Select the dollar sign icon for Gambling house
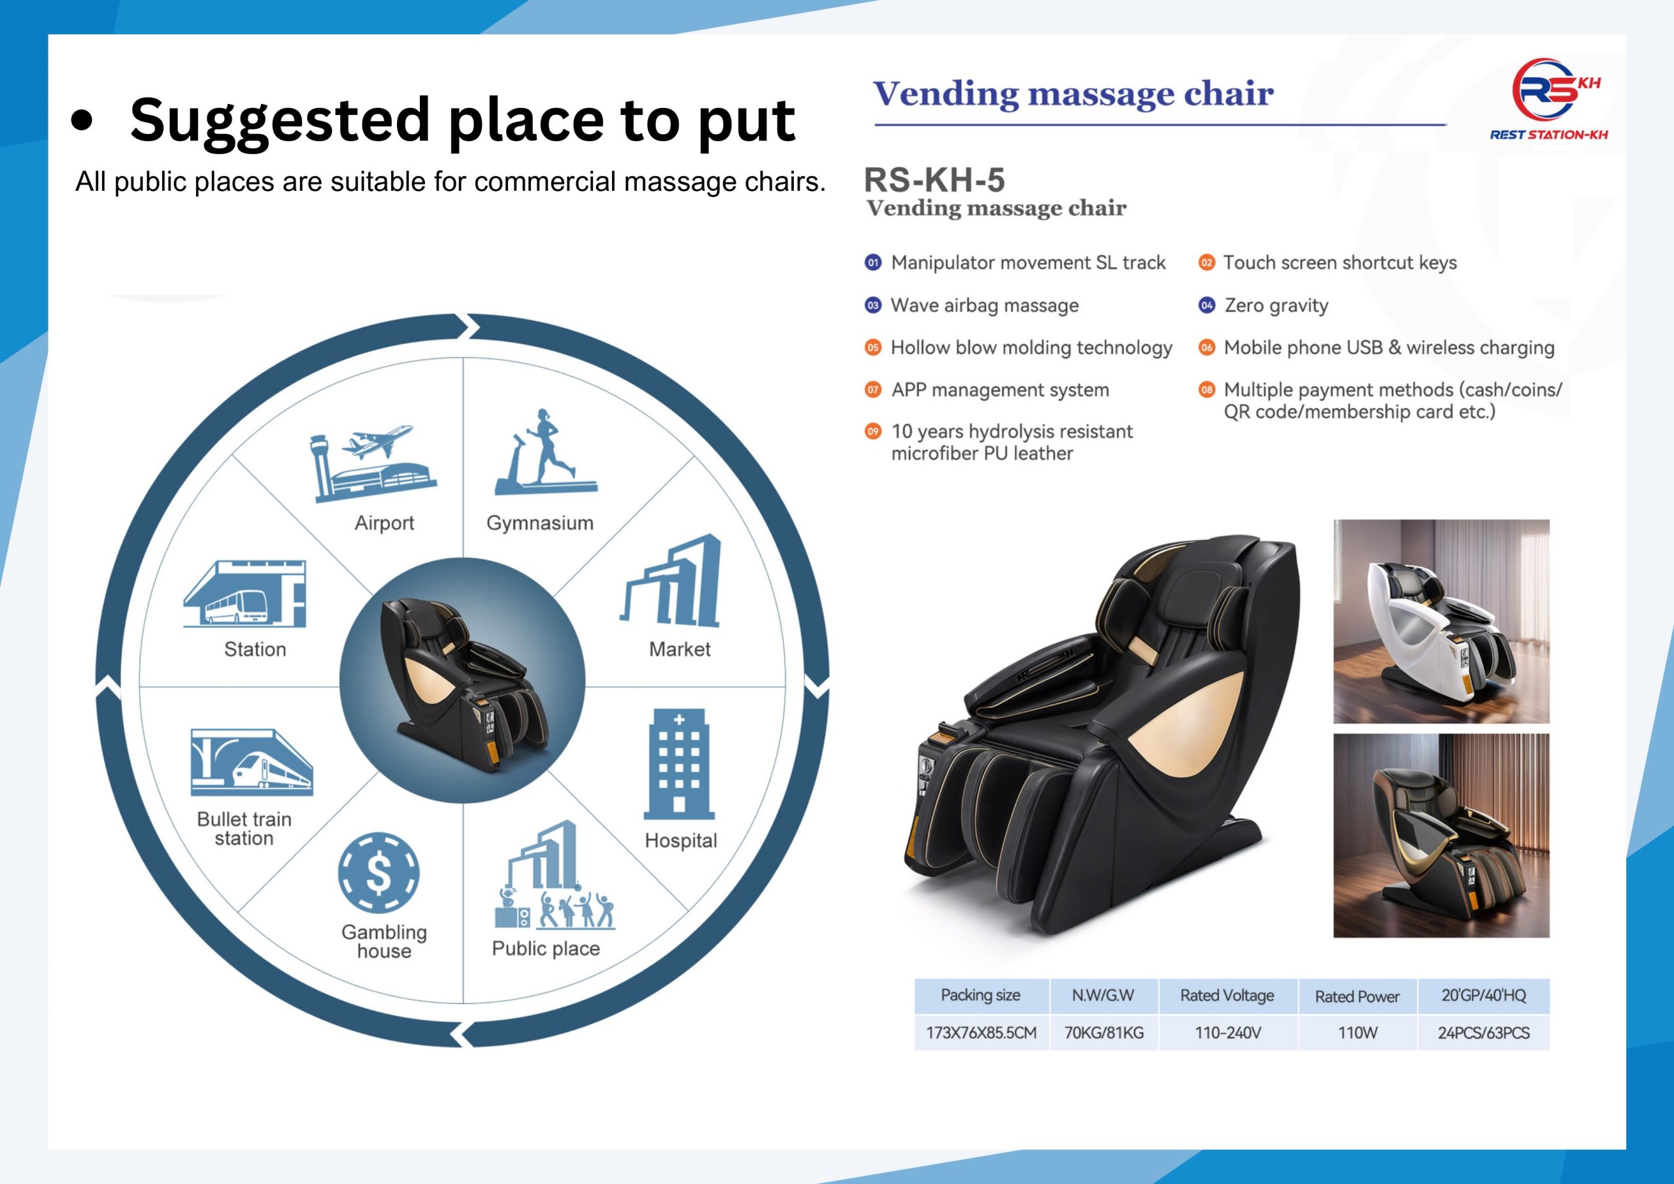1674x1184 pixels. [379, 873]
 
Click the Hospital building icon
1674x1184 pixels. [679, 764]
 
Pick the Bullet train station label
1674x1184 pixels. [245, 829]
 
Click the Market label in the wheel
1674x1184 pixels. [679, 649]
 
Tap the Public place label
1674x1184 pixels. [545, 949]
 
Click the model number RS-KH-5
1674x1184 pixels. [934, 179]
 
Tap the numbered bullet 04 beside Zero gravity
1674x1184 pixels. [1206, 305]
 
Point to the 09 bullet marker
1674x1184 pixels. [873, 431]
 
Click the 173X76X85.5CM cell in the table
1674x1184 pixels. [982, 1032]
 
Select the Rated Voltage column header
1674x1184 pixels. [1227, 996]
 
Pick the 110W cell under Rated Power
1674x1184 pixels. [1358, 1032]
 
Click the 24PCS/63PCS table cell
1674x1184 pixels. [1484, 1032]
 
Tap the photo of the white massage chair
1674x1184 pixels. [1441, 621]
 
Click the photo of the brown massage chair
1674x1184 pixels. [1441, 836]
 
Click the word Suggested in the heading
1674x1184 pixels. [279, 121]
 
